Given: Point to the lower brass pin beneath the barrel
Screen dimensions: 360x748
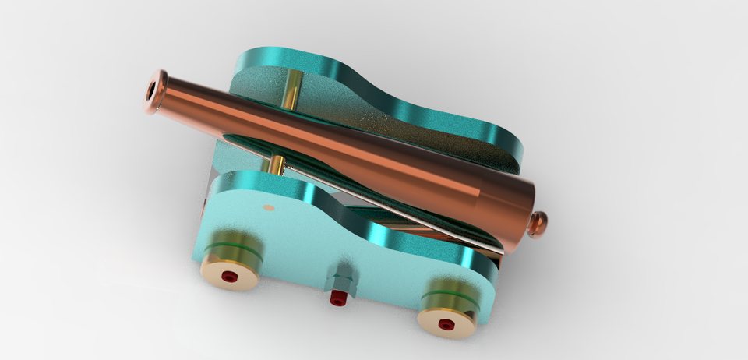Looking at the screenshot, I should click(277, 165).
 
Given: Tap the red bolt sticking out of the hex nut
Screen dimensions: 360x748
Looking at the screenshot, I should click(337, 299).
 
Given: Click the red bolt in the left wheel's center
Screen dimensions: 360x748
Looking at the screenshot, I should click(228, 277).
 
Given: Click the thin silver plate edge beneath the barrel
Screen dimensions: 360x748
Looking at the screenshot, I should click(436, 234).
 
